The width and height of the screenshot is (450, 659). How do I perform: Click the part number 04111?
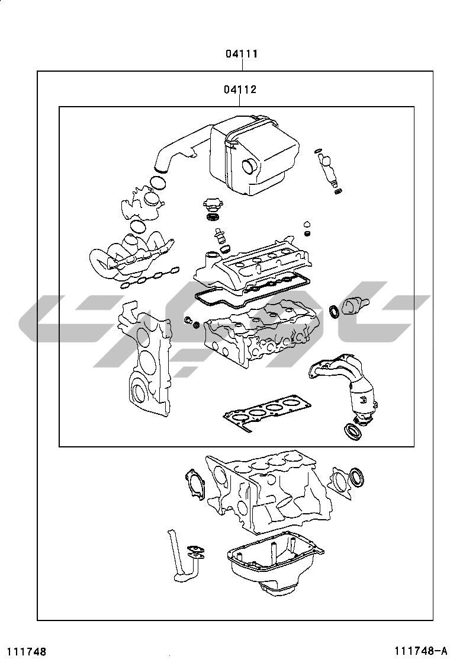(240, 54)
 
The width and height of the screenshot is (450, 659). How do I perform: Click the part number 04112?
(240, 90)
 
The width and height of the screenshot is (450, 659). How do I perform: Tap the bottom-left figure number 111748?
(26, 651)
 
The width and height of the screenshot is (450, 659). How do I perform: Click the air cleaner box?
(255, 154)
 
